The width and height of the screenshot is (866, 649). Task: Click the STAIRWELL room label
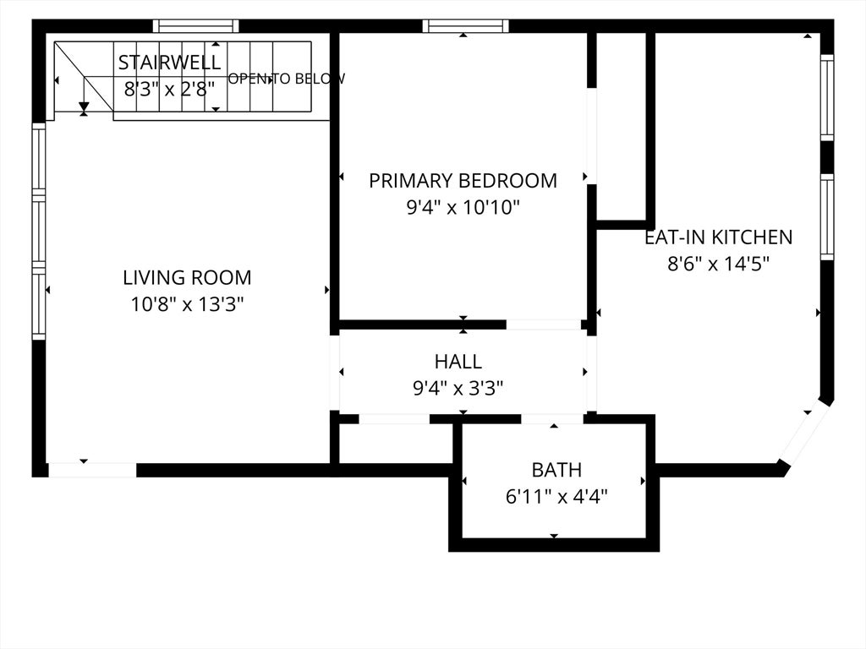(169, 62)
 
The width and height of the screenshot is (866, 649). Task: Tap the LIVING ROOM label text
(187, 277)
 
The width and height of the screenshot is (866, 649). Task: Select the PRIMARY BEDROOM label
(463, 181)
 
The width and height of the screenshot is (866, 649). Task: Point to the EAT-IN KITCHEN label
(719, 237)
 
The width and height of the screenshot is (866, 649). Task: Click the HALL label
(458, 362)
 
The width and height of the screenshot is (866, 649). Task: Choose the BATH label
(556, 470)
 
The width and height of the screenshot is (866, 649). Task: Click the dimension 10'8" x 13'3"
(187, 304)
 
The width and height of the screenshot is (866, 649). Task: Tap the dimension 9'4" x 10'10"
(463, 208)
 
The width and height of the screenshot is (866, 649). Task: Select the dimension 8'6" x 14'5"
(719, 264)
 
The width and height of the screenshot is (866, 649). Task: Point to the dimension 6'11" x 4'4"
(556, 497)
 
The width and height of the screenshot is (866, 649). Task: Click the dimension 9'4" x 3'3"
(458, 389)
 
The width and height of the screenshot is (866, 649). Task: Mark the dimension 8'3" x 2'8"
(169, 88)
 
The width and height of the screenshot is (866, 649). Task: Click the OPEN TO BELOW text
(287, 79)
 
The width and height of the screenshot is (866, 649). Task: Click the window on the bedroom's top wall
(466, 25)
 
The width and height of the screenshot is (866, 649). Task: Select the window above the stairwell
(196, 25)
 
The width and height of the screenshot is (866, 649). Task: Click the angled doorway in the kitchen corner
(804, 434)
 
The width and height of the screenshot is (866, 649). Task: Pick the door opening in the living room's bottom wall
(92, 470)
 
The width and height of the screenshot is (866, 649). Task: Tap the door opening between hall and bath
(552, 419)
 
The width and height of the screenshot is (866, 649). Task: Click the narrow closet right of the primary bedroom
(622, 126)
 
